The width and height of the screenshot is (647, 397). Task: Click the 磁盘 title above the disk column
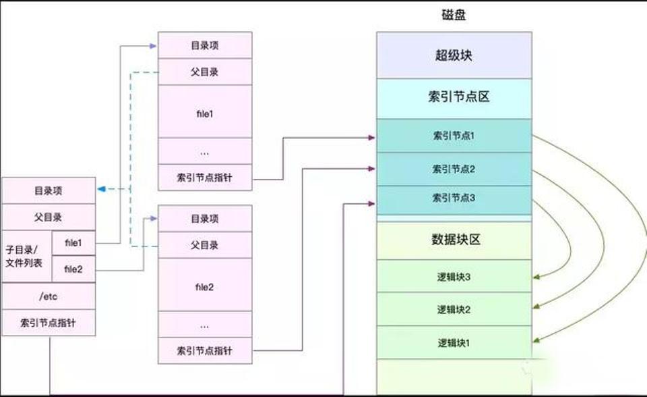[454, 16]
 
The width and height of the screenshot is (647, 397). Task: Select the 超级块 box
[454, 55]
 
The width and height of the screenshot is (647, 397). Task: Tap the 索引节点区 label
[459, 97]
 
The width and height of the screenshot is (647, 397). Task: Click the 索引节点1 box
[454, 136]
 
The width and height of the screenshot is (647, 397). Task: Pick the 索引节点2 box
[454, 169]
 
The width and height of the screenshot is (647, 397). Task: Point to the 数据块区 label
[456, 240]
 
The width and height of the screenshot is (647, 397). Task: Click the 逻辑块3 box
[454, 276]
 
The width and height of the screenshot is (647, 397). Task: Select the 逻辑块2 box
[454, 309]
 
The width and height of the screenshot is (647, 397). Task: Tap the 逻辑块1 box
[454, 342]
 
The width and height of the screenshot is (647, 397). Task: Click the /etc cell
[49, 296]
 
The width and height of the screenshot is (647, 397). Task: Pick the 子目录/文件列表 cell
[27, 257]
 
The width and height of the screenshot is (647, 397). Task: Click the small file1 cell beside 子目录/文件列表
[73, 243]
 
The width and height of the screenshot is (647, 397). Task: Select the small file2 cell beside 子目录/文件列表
[73, 269]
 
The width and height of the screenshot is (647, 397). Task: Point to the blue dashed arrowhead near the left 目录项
[102, 189]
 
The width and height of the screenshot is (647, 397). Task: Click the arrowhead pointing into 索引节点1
[371, 138]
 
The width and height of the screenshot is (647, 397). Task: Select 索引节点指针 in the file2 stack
[205, 350]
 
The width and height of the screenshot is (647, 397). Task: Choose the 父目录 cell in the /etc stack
[49, 217]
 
